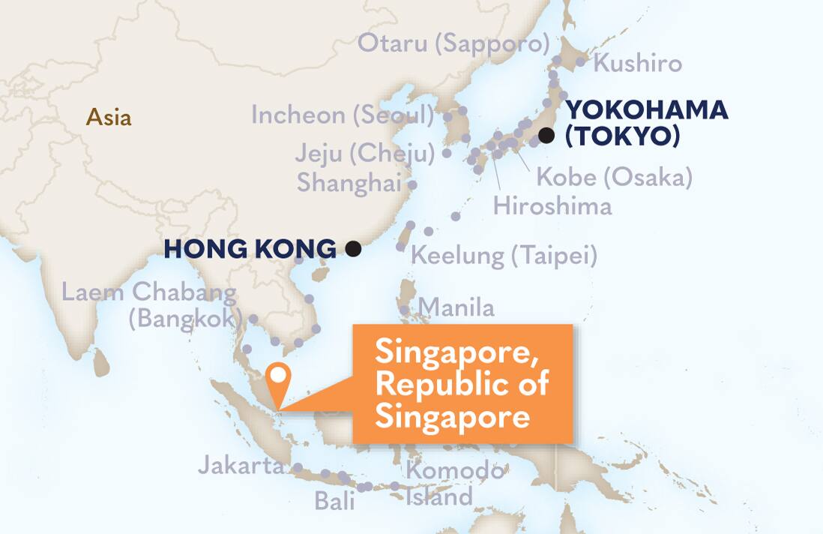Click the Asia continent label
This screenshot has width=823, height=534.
click(x=109, y=118)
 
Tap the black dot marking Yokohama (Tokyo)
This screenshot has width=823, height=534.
click(x=546, y=136)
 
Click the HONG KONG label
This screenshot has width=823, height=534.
click(x=250, y=249)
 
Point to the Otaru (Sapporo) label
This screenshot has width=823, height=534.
click(x=453, y=43)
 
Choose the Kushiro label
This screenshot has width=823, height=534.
click(x=638, y=63)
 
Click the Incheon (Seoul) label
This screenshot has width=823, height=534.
click(x=343, y=115)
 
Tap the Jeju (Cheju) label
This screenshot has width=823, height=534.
click(x=365, y=154)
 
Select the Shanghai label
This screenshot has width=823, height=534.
click(x=349, y=182)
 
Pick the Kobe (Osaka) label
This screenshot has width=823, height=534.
click(x=615, y=178)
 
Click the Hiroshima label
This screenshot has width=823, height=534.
click(x=552, y=205)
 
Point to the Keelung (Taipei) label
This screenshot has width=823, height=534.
click(x=504, y=256)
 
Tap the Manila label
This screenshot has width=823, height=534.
click(x=456, y=307)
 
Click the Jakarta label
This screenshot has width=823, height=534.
click(x=241, y=466)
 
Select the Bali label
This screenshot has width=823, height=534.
click(x=334, y=500)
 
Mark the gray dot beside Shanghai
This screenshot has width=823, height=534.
click(x=412, y=183)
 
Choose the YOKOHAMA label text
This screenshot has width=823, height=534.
click(x=646, y=110)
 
